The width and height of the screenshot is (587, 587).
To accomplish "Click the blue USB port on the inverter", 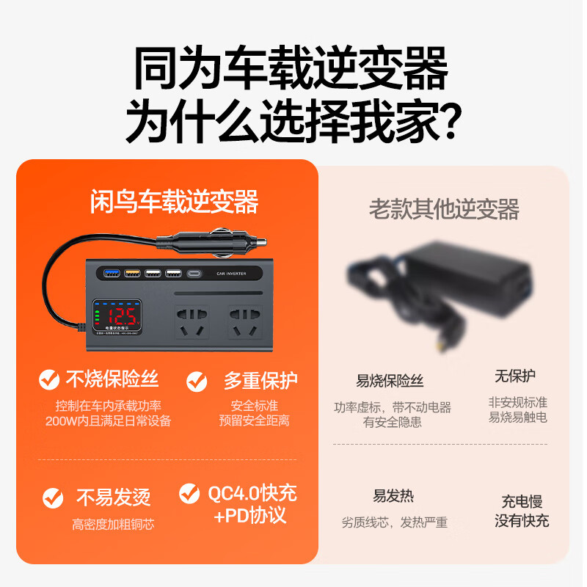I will [112, 274].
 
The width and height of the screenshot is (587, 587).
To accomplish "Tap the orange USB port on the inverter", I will [133, 274].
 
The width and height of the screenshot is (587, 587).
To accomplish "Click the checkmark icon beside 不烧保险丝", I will [49, 379].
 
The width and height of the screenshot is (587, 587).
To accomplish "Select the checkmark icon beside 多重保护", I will [197, 381].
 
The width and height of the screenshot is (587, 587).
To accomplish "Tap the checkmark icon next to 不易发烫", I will [53, 497].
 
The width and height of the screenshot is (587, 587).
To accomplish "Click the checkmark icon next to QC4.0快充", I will [189, 493].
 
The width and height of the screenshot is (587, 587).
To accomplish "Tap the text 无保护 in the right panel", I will [514, 376].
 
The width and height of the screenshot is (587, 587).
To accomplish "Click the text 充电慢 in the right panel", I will [522, 502].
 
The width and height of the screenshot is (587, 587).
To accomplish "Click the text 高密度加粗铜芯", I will [113, 525].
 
